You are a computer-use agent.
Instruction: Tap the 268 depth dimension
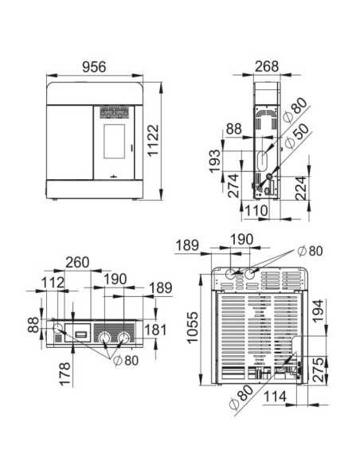point(268,67)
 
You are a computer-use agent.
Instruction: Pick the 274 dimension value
point(233,186)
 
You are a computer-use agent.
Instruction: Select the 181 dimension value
point(156,330)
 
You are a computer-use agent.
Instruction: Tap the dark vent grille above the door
point(111,113)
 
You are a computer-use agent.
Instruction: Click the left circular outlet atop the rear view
point(231,275)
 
